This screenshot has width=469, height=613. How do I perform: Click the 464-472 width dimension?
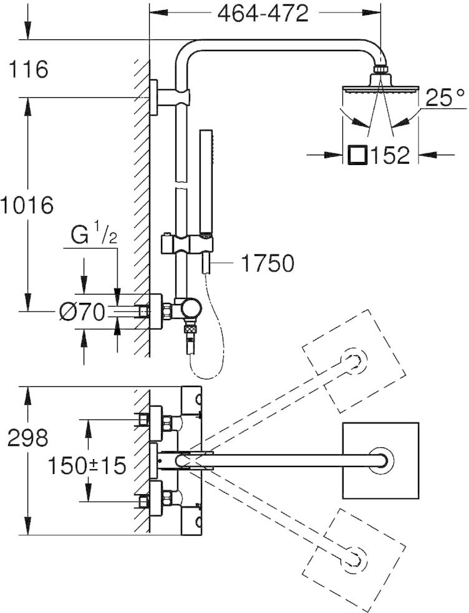click(263, 14)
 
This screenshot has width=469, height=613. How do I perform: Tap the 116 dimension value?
click(28, 69)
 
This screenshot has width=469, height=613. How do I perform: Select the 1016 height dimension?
click(27, 205)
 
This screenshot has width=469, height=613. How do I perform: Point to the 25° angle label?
click(445, 98)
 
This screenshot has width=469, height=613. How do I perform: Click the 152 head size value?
click(390, 155)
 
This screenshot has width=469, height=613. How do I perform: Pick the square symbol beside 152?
click(358, 155)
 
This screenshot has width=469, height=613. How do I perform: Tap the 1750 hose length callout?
click(268, 263)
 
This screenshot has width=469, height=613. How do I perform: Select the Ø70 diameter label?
click(82, 313)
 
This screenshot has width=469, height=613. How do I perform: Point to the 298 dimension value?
click(28, 437)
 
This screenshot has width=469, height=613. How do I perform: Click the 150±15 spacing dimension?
click(87, 465)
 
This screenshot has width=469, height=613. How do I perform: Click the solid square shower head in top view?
click(380, 461)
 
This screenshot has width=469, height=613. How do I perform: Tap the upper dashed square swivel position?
click(354, 361)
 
